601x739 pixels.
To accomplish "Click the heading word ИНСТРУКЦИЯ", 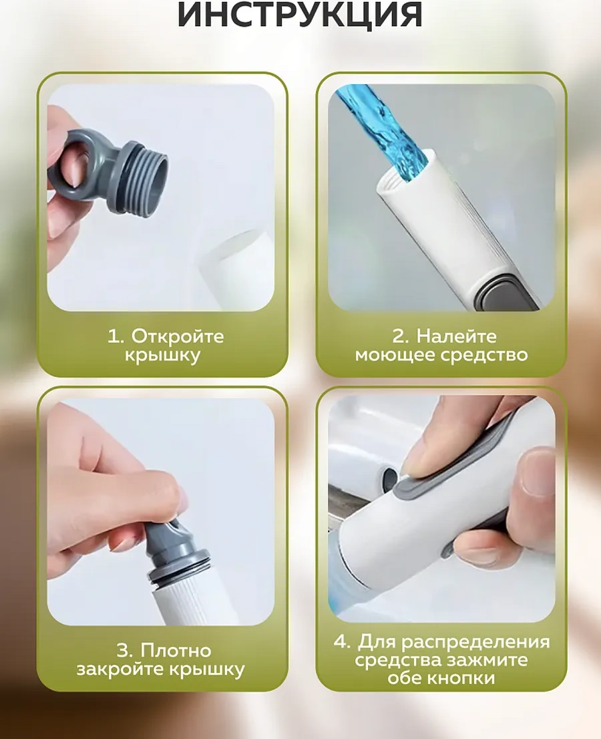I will (300, 15).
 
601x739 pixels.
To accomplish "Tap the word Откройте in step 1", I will (177, 335).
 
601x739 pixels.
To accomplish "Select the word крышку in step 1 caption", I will (162, 355).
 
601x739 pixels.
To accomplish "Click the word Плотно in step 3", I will (176, 650).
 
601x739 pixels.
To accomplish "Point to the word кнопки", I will (462, 678).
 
